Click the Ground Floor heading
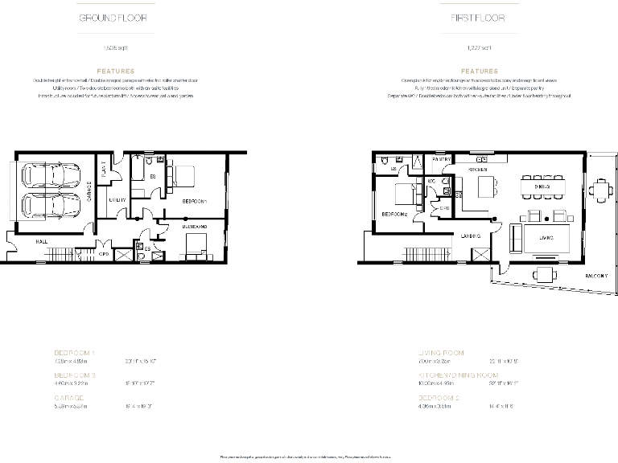pos(112,18)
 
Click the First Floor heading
pos(479,18)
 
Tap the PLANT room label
pos(103,172)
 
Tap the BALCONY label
pos(595,276)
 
